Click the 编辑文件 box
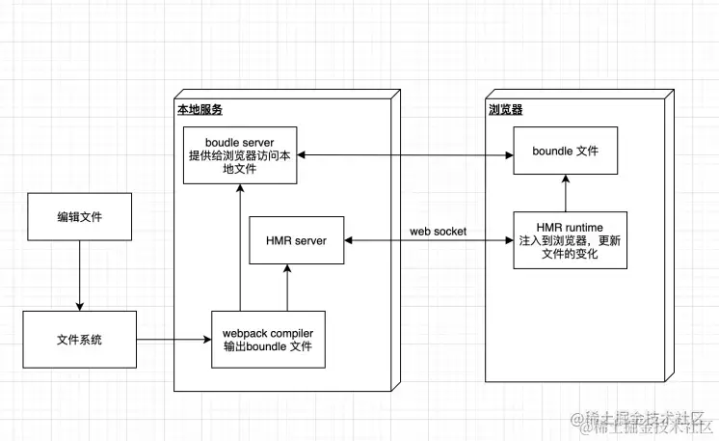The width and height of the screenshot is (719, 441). coord(79,220)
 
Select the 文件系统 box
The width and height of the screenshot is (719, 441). coord(79,339)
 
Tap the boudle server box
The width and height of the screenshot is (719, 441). coord(240,154)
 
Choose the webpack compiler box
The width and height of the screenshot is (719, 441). coord(268,339)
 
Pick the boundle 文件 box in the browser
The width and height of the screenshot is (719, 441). coord(567,152)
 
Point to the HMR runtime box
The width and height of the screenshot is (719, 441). coord(569,239)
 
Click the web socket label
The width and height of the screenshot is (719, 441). coord(437,232)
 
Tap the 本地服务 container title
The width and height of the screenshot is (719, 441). coord(200,110)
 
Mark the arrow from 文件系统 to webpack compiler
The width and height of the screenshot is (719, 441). coord(173,339)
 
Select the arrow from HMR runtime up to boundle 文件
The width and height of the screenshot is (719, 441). coord(567,193)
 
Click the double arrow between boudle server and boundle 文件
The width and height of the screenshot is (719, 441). coord(405,154)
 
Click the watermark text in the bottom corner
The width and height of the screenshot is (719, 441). coord(641,422)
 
